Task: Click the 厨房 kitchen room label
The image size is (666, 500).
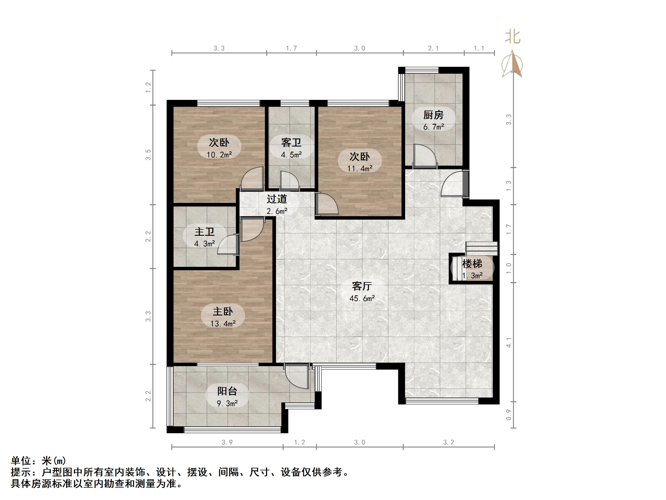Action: click(433, 115)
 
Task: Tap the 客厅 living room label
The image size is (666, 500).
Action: click(362, 286)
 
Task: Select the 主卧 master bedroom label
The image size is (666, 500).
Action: click(223, 311)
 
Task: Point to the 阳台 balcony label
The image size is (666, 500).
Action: click(227, 391)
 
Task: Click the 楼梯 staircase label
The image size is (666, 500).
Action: click(472, 264)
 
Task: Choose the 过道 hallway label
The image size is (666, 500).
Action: click(277, 199)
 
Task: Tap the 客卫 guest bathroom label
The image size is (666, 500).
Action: click(291, 142)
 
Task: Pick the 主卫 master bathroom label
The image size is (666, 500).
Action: click(204, 231)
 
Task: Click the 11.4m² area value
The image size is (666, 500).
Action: click(360, 168)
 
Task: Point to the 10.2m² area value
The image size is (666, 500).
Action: click(219, 155)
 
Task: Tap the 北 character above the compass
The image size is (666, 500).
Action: click(512, 37)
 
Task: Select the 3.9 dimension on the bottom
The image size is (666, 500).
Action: click(227, 442)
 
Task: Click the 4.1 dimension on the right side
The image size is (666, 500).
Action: click(509, 342)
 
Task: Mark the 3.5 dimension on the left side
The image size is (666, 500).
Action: click(148, 155)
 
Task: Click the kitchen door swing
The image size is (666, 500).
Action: click(425, 155)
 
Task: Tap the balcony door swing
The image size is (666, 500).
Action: click(296, 377)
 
